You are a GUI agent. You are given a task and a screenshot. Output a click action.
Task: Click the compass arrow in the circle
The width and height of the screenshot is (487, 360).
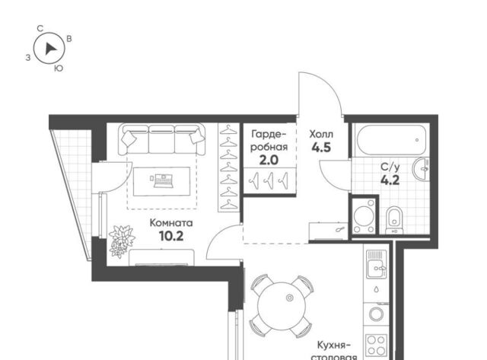point(50,49)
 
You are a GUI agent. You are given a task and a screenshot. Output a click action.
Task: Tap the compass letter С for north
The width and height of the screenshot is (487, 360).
point(40,29)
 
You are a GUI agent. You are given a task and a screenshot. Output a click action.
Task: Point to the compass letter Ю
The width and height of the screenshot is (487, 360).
point(59,68)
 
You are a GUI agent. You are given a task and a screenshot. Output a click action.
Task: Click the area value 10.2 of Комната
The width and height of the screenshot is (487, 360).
point(171,237)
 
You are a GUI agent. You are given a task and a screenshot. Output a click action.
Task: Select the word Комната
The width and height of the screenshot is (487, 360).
point(171,223)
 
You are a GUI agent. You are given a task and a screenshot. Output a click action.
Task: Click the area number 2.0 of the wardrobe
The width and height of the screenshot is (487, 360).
point(269,161)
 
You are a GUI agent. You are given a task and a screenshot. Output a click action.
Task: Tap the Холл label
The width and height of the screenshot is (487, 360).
point(321,135)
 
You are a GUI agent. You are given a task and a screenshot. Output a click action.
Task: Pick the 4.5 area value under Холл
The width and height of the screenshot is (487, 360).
point(321,148)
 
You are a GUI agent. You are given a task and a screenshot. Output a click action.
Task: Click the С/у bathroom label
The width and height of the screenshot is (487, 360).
point(390,167)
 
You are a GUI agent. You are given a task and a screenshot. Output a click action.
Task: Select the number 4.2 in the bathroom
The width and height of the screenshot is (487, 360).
point(390,180)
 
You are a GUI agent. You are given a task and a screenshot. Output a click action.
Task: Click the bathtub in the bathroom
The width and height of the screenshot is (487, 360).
point(391,140)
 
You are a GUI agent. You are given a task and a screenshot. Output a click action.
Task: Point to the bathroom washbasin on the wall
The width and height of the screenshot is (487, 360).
point(421,169)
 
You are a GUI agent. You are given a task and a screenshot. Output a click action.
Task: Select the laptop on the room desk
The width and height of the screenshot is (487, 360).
point(163,181)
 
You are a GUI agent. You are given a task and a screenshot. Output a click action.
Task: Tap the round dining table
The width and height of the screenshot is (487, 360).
point(282,306)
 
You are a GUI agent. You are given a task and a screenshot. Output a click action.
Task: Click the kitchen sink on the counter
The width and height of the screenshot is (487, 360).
point(377,264)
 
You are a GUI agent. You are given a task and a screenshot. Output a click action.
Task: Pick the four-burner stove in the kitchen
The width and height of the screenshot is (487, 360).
point(377,346)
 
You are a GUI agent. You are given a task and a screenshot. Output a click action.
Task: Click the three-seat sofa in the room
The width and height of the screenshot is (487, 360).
point(161,139)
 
